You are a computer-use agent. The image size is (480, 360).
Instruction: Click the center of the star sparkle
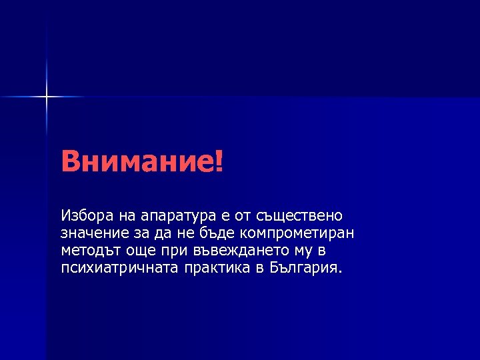pyautogui.click(x=47, y=97)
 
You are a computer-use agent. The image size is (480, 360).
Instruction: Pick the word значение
pyautogui.click(x=89, y=233)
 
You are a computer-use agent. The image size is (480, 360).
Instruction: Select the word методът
pyautogui.click(x=86, y=251)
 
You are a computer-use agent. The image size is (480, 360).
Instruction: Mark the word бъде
pyautogui.click(x=218, y=233)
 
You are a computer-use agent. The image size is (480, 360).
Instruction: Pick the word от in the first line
pyautogui.click(x=250, y=216)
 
